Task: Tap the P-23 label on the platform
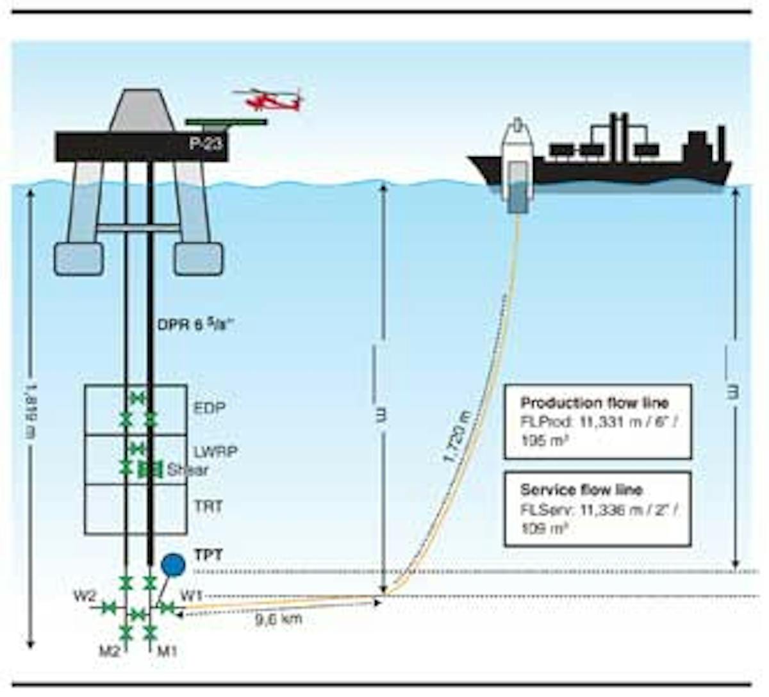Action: pyautogui.click(x=206, y=143)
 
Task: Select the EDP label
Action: pyautogui.click(x=210, y=407)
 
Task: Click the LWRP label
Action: pyautogui.click(x=216, y=452)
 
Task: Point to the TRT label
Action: pyautogui.click(x=209, y=506)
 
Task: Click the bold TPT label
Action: pyautogui.click(x=208, y=555)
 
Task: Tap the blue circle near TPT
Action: pyautogui.click(x=173, y=564)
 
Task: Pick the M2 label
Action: pyautogui.click(x=110, y=652)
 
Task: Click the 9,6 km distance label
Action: pyautogui.click(x=278, y=619)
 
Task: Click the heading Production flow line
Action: pyautogui.click(x=594, y=403)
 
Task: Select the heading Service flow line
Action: pyautogui.click(x=581, y=489)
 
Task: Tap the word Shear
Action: pyautogui.click(x=188, y=470)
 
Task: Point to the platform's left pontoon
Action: pyautogui.click(x=78, y=259)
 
